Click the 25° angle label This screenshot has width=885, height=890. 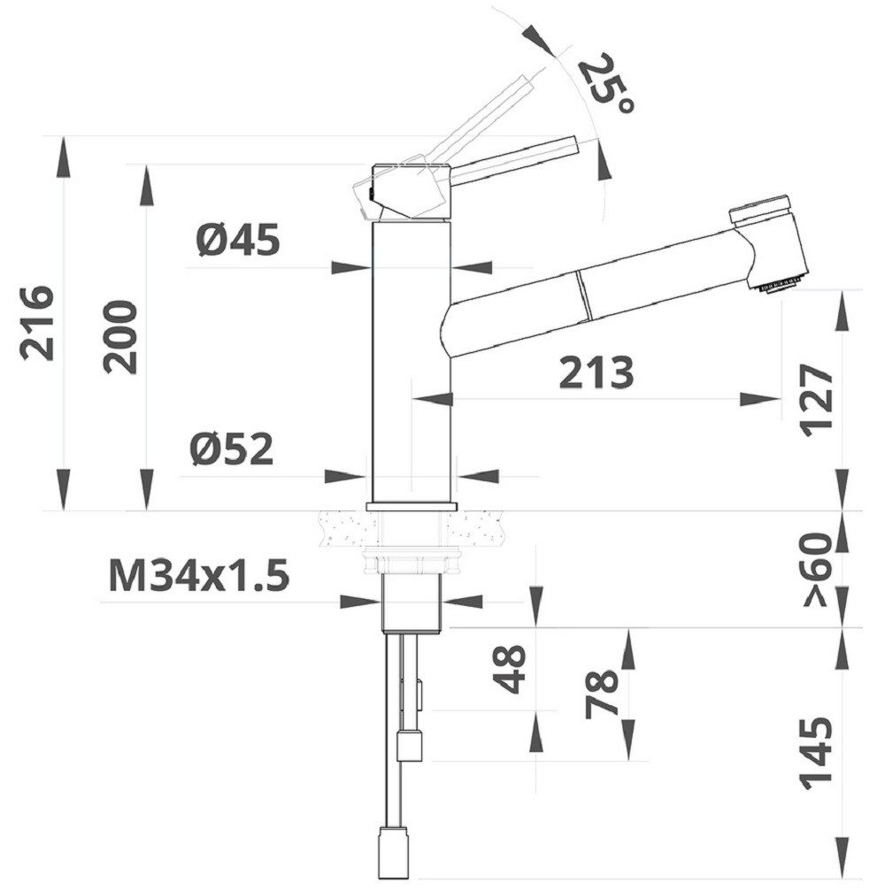[x=606, y=84]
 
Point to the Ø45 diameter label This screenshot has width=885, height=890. [x=239, y=240]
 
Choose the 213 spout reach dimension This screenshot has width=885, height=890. [x=596, y=373]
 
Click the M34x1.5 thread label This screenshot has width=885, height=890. [x=199, y=577]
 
